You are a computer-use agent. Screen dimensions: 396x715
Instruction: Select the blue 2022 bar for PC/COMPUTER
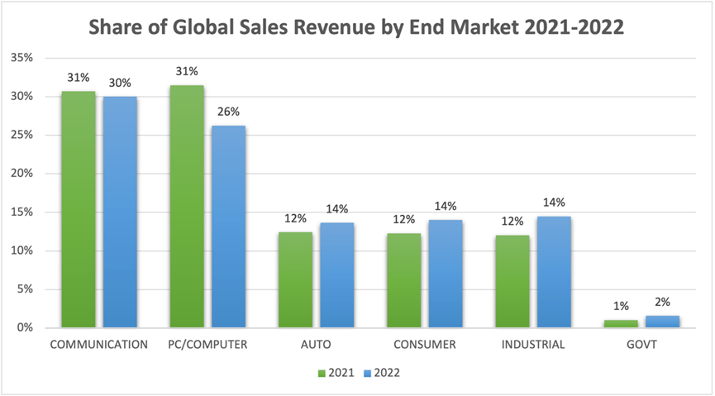(228, 227)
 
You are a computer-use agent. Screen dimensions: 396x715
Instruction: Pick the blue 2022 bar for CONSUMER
(446, 274)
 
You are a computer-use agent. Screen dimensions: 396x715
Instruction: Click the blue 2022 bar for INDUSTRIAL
(554, 272)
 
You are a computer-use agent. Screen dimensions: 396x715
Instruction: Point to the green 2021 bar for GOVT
(621, 323)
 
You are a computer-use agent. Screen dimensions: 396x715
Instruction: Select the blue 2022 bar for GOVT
(663, 322)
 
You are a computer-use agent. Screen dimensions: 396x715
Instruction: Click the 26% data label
(229, 112)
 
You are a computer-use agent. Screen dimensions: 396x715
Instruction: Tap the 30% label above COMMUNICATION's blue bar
(121, 83)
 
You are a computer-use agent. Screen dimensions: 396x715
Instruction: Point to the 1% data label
(622, 307)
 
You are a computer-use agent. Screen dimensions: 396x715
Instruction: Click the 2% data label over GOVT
(663, 303)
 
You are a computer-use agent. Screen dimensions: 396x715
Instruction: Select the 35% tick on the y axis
(22, 58)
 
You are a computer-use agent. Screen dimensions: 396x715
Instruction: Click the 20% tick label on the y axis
(22, 174)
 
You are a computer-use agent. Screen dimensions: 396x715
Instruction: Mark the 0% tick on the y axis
(25, 328)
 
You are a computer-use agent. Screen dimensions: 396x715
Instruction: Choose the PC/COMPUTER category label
(207, 345)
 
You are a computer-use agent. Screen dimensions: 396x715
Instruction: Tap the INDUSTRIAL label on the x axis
(533, 345)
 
